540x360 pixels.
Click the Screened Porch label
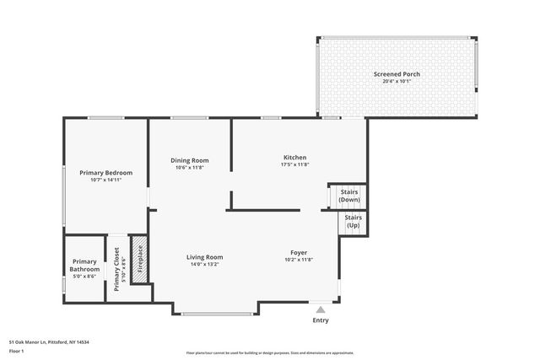397,74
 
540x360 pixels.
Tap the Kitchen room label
294,158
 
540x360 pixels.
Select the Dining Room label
190,160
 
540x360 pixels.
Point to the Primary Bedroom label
105,173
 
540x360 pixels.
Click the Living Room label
204,257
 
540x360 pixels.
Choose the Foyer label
299,252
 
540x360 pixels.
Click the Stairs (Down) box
349,196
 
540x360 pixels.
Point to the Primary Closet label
116,269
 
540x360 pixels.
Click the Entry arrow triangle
320,309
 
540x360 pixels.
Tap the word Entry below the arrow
321,320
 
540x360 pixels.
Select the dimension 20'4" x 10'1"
397,82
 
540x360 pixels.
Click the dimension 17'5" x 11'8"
294,165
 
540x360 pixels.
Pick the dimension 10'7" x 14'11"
105,180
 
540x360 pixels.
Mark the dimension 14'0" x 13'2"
204,265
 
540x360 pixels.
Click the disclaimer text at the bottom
270,353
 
